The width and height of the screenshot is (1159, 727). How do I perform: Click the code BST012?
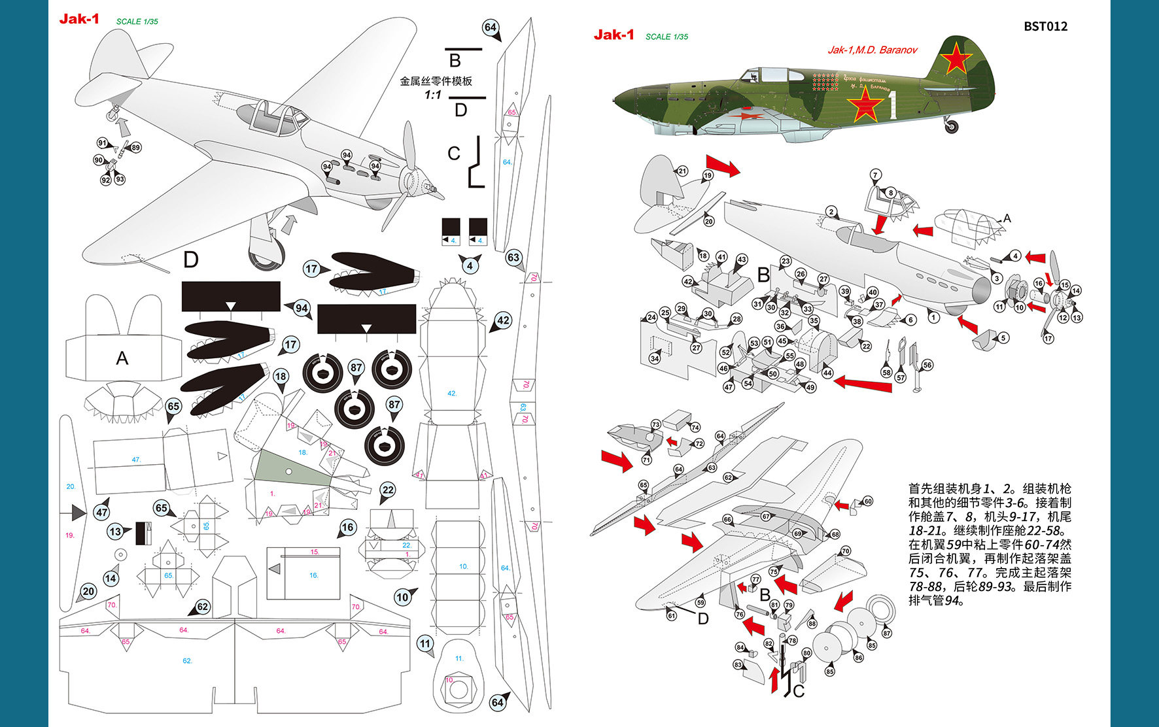point(1045,26)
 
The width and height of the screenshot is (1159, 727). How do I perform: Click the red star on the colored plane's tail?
point(956,58)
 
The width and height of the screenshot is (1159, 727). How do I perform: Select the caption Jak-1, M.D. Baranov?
point(873,50)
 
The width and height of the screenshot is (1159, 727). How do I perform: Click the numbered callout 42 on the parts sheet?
point(502,320)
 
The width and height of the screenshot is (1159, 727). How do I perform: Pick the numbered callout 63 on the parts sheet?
point(513,258)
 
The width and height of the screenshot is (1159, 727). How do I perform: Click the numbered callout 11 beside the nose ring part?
point(425,644)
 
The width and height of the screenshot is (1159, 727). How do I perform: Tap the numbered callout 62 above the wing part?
point(203,607)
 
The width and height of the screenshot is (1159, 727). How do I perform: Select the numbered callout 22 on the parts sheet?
point(388,490)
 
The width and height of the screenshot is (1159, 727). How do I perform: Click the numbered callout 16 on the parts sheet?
point(347,528)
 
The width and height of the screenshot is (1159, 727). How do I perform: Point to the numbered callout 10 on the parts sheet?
point(402,596)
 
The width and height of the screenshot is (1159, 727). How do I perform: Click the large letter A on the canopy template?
point(122,358)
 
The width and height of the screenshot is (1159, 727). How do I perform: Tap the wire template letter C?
point(454,154)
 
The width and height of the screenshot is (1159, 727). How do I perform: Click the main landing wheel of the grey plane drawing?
point(266,255)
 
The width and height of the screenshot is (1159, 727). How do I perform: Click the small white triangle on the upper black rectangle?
point(230,306)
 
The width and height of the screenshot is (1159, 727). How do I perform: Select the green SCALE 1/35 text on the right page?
point(666,37)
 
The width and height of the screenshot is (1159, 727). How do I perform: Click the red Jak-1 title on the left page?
point(79,18)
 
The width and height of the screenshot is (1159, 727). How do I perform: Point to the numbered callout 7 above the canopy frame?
point(875,175)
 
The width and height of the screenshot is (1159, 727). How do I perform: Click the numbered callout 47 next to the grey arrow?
point(101,513)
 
